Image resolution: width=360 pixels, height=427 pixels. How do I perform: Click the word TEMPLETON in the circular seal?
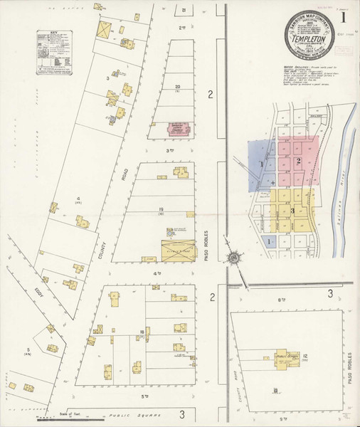coord(307,41)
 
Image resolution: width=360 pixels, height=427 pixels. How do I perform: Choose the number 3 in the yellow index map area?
coord(292,211)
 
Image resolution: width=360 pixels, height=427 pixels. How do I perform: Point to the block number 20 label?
coord(177,87)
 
